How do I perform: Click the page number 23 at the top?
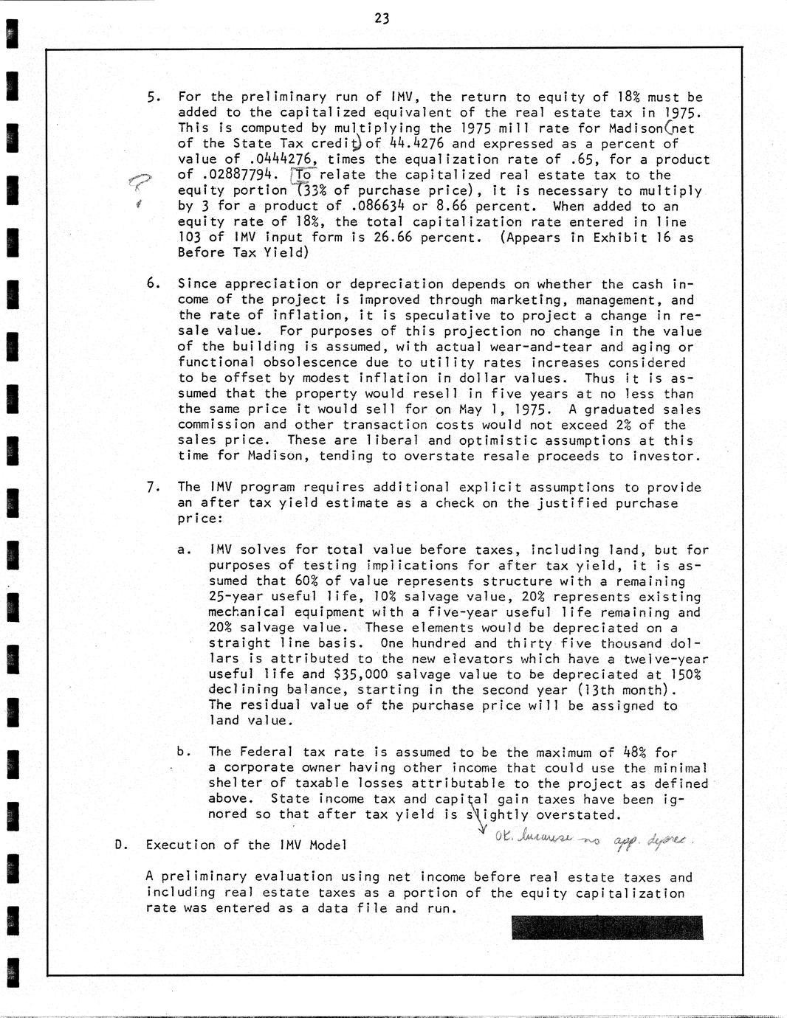382,19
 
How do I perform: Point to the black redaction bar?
606,927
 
